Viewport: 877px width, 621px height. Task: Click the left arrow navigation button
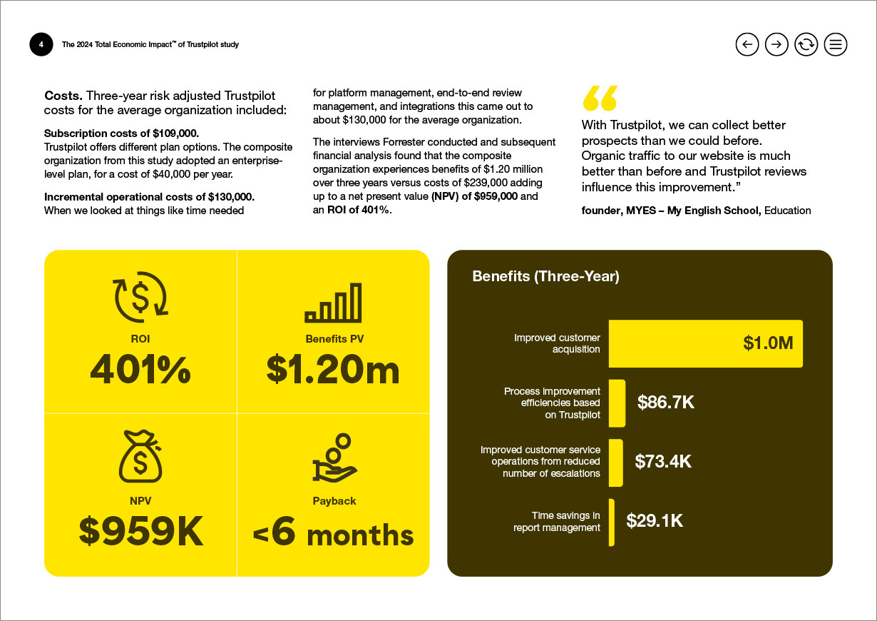click(747, 44)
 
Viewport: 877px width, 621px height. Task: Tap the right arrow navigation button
click(776, 44)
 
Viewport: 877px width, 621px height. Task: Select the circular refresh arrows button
click(806, 44)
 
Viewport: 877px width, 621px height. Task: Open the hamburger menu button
click(836, 44)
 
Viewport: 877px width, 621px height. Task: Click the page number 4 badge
click(41, 44)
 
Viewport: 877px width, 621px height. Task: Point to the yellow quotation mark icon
click(600, 99)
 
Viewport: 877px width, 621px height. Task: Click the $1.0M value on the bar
click(768, 343)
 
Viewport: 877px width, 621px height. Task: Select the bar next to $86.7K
click(617, 403)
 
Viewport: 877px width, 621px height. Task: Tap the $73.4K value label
click(663, 461)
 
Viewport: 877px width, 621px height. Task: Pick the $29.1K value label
click(655, 521)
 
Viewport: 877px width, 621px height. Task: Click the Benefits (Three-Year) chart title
click(545, 276)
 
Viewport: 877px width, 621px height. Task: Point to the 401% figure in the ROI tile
click(140, 370)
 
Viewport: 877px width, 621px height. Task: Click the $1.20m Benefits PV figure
click(333, 370)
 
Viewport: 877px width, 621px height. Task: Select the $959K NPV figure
click(140, 532)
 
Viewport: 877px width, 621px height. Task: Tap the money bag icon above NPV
click(140, 455)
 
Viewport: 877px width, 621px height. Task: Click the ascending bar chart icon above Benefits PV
click(333, 303)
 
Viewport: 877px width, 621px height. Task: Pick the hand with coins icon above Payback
click(334, 458)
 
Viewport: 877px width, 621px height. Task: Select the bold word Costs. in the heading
click(63, 96)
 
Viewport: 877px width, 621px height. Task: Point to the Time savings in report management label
click(557, 521)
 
